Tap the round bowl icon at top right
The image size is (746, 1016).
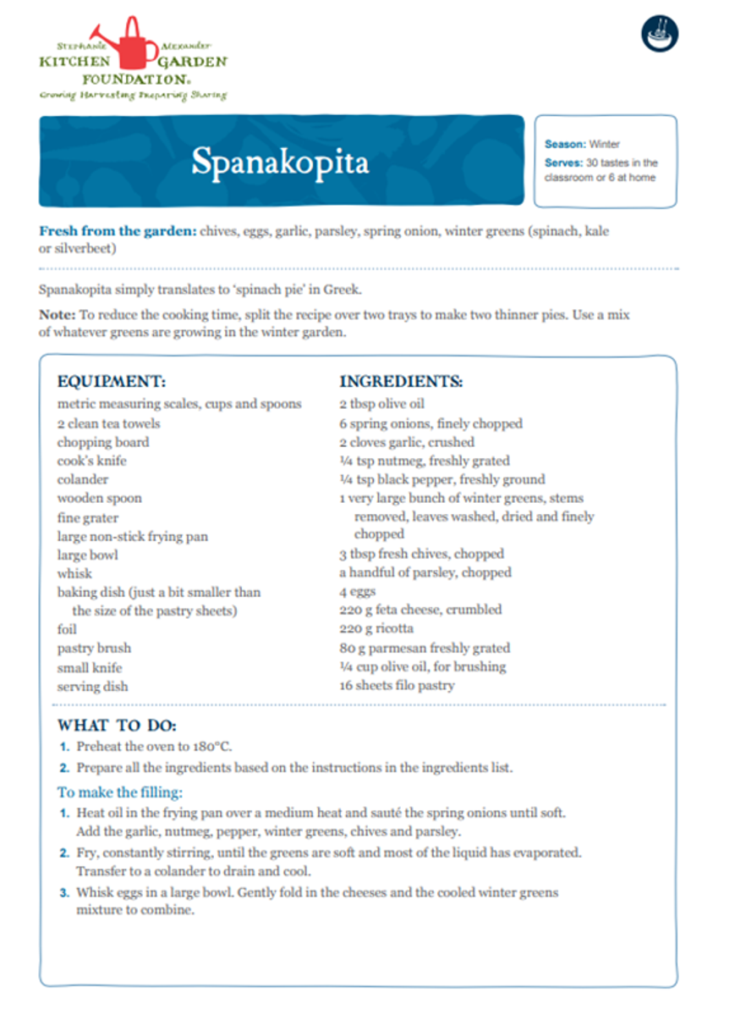[x=660, y=34]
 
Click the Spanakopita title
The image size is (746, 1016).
[x=279, y=162]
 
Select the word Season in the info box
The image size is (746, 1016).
[x=564, y=145]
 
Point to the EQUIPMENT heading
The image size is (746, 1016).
[x=112, y=382]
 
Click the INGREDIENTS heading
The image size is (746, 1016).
[x=401, y=382]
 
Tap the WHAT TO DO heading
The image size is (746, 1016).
[x=117, y=726]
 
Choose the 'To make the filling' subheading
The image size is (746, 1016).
[x=120, y=792]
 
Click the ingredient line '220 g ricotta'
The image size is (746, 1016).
[x=376, y=629]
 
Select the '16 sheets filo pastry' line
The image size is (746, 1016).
[x=397, y=685]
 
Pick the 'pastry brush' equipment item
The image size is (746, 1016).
[x=94, y=649]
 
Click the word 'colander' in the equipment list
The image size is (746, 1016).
[x=83, y=479]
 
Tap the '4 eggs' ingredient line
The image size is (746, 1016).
[x=357, y=592]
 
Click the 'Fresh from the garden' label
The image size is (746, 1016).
[x=117, y=232]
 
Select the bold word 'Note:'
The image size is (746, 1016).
[x=57, y=315]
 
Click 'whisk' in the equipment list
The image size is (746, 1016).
[x=74, y=573]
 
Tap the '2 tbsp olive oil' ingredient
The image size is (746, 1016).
[x=381, y=404]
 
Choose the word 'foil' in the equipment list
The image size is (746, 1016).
[x=67, y=629]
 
